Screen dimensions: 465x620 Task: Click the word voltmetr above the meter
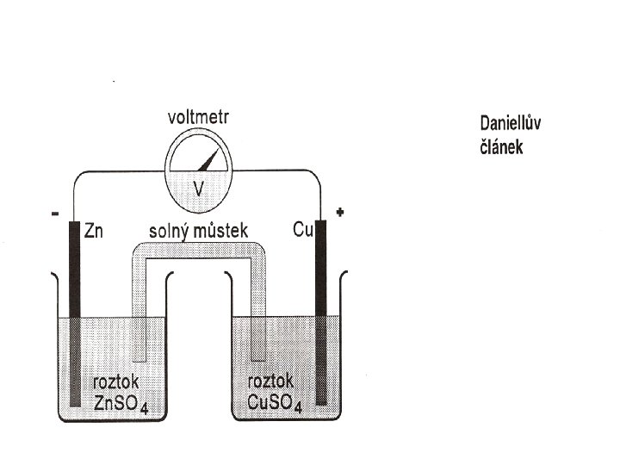pos(198,117)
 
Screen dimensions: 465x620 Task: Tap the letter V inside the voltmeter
pos(198,187)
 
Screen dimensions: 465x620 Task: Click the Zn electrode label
pos(96,231)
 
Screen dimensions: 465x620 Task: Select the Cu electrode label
pos(301,231)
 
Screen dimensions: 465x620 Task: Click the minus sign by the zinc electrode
pos(55,217)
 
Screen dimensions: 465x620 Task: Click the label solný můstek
pos(198,231)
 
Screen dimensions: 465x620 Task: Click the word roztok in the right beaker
pos(270,381)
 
